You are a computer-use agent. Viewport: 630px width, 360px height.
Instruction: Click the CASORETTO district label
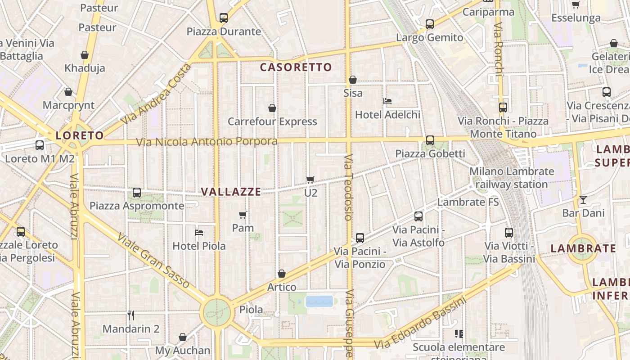pyautogui.click(x=296, y=67)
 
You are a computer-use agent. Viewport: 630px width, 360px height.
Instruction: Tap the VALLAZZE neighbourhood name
pyautogui.click(x=231, y=192)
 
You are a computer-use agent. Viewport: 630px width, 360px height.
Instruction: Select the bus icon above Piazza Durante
pyautogui.click(x=224, y=18)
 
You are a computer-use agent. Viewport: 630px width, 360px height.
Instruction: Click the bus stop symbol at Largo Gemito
pyautogui.click(x=430, y=24)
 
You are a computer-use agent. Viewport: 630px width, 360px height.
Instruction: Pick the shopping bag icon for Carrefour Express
pyautogui.click(x=272, y=108)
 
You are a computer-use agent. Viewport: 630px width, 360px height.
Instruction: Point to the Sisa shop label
pyautogui.click(x=353, y=93)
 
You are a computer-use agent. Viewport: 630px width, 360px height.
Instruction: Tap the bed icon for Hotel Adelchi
pyautogui.click(x=387, y=101)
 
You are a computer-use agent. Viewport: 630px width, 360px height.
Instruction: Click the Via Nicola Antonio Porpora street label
pyautogui.click(x=207, y=142)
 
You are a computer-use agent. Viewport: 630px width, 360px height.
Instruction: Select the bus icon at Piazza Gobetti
pyautogui.click(x=430, y=140)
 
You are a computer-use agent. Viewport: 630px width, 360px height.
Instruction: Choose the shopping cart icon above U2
pyautogui.click(x=310, y=180)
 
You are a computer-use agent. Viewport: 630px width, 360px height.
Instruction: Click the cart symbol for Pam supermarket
pyautogui.click(x=243, y=215)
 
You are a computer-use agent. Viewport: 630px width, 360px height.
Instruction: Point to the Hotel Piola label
pyautogui.click(x=199, y=246)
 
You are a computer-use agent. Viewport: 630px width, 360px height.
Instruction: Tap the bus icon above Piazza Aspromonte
pyautogui.click(x=137, y=193)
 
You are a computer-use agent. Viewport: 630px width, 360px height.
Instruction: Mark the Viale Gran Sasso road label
pyautogui.click(x=153, y=261)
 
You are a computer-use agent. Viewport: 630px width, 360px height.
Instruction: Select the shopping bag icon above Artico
pyautogui.click(x=282, y=274)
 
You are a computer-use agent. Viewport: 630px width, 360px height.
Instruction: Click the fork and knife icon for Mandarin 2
pyautogui.click(x=131, y=315)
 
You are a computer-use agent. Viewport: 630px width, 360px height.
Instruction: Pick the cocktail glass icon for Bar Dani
pyautogui.click(x=583, y=199)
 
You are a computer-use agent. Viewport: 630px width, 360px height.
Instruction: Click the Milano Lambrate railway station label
pyautogui.click(x=512, y=178)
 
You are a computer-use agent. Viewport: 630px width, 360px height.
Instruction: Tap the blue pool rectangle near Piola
pyautogui.click(x=319, y=301)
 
